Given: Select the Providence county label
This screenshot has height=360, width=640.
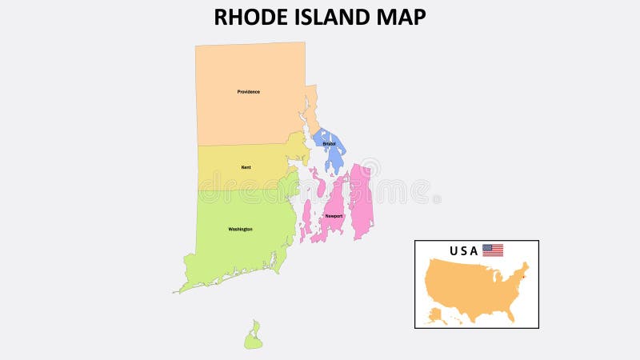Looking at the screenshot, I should tap(248, 92).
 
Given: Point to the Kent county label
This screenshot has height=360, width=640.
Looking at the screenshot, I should tap(246, 167).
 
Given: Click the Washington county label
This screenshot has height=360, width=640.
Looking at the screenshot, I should tap(240, 229).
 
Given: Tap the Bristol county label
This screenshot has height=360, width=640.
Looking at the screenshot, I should tap(329, 143).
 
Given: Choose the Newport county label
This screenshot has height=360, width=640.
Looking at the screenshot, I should tap(334, 216).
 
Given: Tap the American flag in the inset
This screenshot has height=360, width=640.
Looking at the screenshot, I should tap(493, 250).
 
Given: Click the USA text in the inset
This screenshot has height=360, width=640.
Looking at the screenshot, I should tap(463, 251).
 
